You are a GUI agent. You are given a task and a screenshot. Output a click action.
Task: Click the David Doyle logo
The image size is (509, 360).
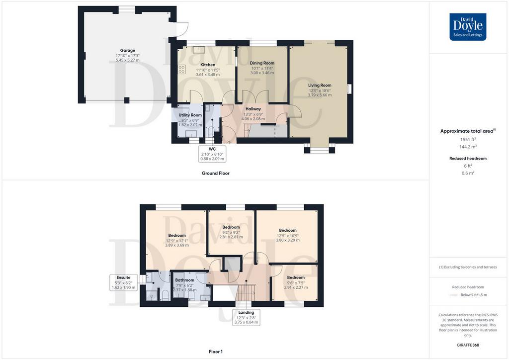[468, 27]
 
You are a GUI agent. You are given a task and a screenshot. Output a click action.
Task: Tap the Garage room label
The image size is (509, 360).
[128, 50]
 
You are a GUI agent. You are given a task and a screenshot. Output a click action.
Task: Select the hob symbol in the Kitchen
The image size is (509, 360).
[182, 69]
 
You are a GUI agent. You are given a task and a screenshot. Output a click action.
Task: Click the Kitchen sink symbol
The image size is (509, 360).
[198, 49]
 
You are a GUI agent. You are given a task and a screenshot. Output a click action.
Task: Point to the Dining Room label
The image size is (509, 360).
[262, 63]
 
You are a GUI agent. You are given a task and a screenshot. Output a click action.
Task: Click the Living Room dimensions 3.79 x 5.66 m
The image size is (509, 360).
[320, 95]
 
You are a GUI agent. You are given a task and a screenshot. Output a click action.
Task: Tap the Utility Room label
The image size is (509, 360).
[190, 115]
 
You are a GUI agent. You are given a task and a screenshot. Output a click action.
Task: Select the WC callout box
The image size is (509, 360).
[212, 154]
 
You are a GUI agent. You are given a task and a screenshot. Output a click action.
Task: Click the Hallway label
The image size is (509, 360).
[253, 109]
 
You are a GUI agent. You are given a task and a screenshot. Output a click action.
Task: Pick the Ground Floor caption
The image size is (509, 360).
[216, 174]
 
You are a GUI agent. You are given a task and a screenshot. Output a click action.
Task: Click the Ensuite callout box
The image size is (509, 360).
[124, 282]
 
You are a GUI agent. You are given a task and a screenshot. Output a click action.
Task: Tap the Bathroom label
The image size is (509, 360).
[185, 280]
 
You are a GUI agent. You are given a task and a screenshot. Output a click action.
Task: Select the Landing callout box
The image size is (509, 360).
[247, 317]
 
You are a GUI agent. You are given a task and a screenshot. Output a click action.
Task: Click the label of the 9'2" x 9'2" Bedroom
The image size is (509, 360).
[231, 227]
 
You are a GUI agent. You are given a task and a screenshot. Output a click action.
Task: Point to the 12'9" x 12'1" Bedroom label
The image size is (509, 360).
[177, 235]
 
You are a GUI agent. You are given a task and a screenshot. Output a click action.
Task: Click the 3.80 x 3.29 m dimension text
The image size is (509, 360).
[288, 240]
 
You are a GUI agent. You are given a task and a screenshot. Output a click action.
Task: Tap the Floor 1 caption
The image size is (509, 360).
[216, 352]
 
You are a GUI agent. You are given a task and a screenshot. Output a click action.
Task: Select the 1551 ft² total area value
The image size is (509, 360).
[468, 140]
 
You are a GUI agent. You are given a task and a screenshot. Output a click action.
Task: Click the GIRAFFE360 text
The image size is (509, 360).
[468, 345]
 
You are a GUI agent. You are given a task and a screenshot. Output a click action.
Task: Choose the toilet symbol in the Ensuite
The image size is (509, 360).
[165, 295]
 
